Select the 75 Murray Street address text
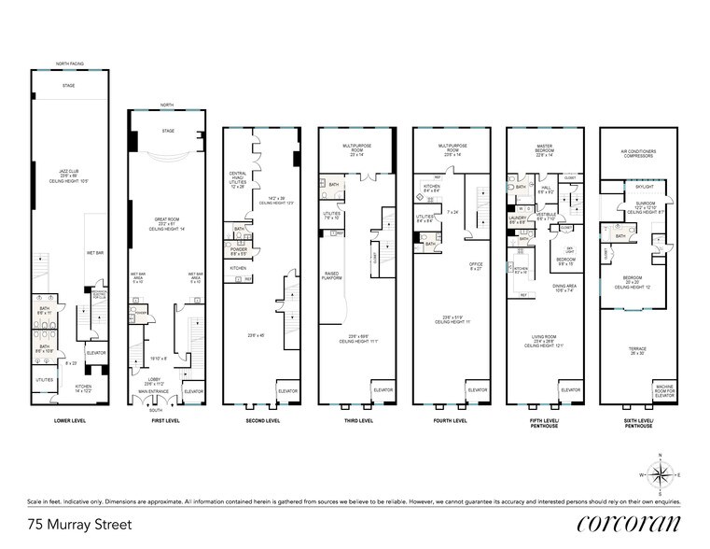pos(80,526)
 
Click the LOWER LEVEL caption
pos(69,421)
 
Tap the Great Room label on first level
pos(167,221)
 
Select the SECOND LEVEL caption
pos(260,421)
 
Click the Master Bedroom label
pos(546,151)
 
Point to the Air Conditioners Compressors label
pos(638,154)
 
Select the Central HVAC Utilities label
pos(239,179)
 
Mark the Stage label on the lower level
pos(68,85)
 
